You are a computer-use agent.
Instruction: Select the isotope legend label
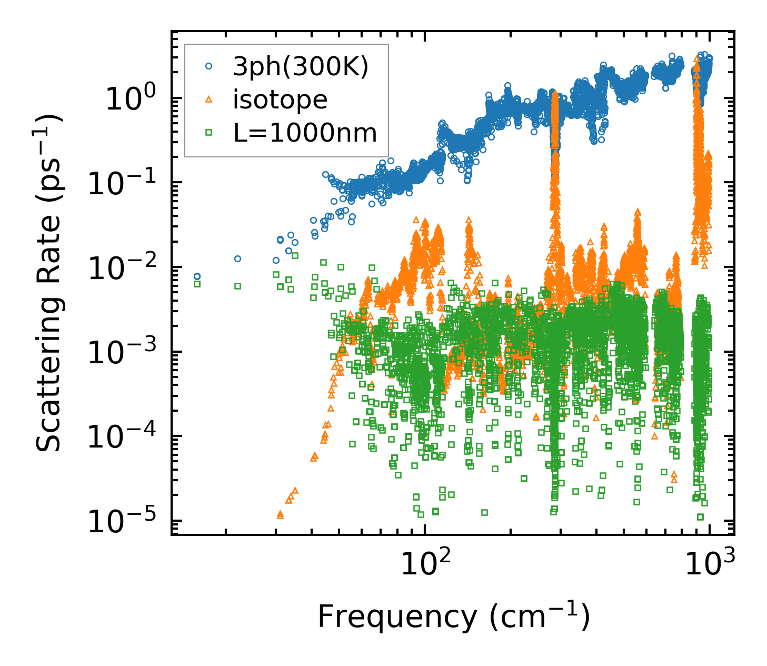[280, 100]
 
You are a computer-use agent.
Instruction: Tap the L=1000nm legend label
[305, 133]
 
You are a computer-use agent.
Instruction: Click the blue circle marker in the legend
[208, 67]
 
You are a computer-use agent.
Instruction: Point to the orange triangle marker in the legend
[208, 100]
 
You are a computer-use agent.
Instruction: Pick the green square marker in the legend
[208, 133]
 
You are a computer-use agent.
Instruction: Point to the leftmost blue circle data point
[197, 276]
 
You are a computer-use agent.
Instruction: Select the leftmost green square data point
[197, 284]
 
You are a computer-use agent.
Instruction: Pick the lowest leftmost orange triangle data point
[280, 514]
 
